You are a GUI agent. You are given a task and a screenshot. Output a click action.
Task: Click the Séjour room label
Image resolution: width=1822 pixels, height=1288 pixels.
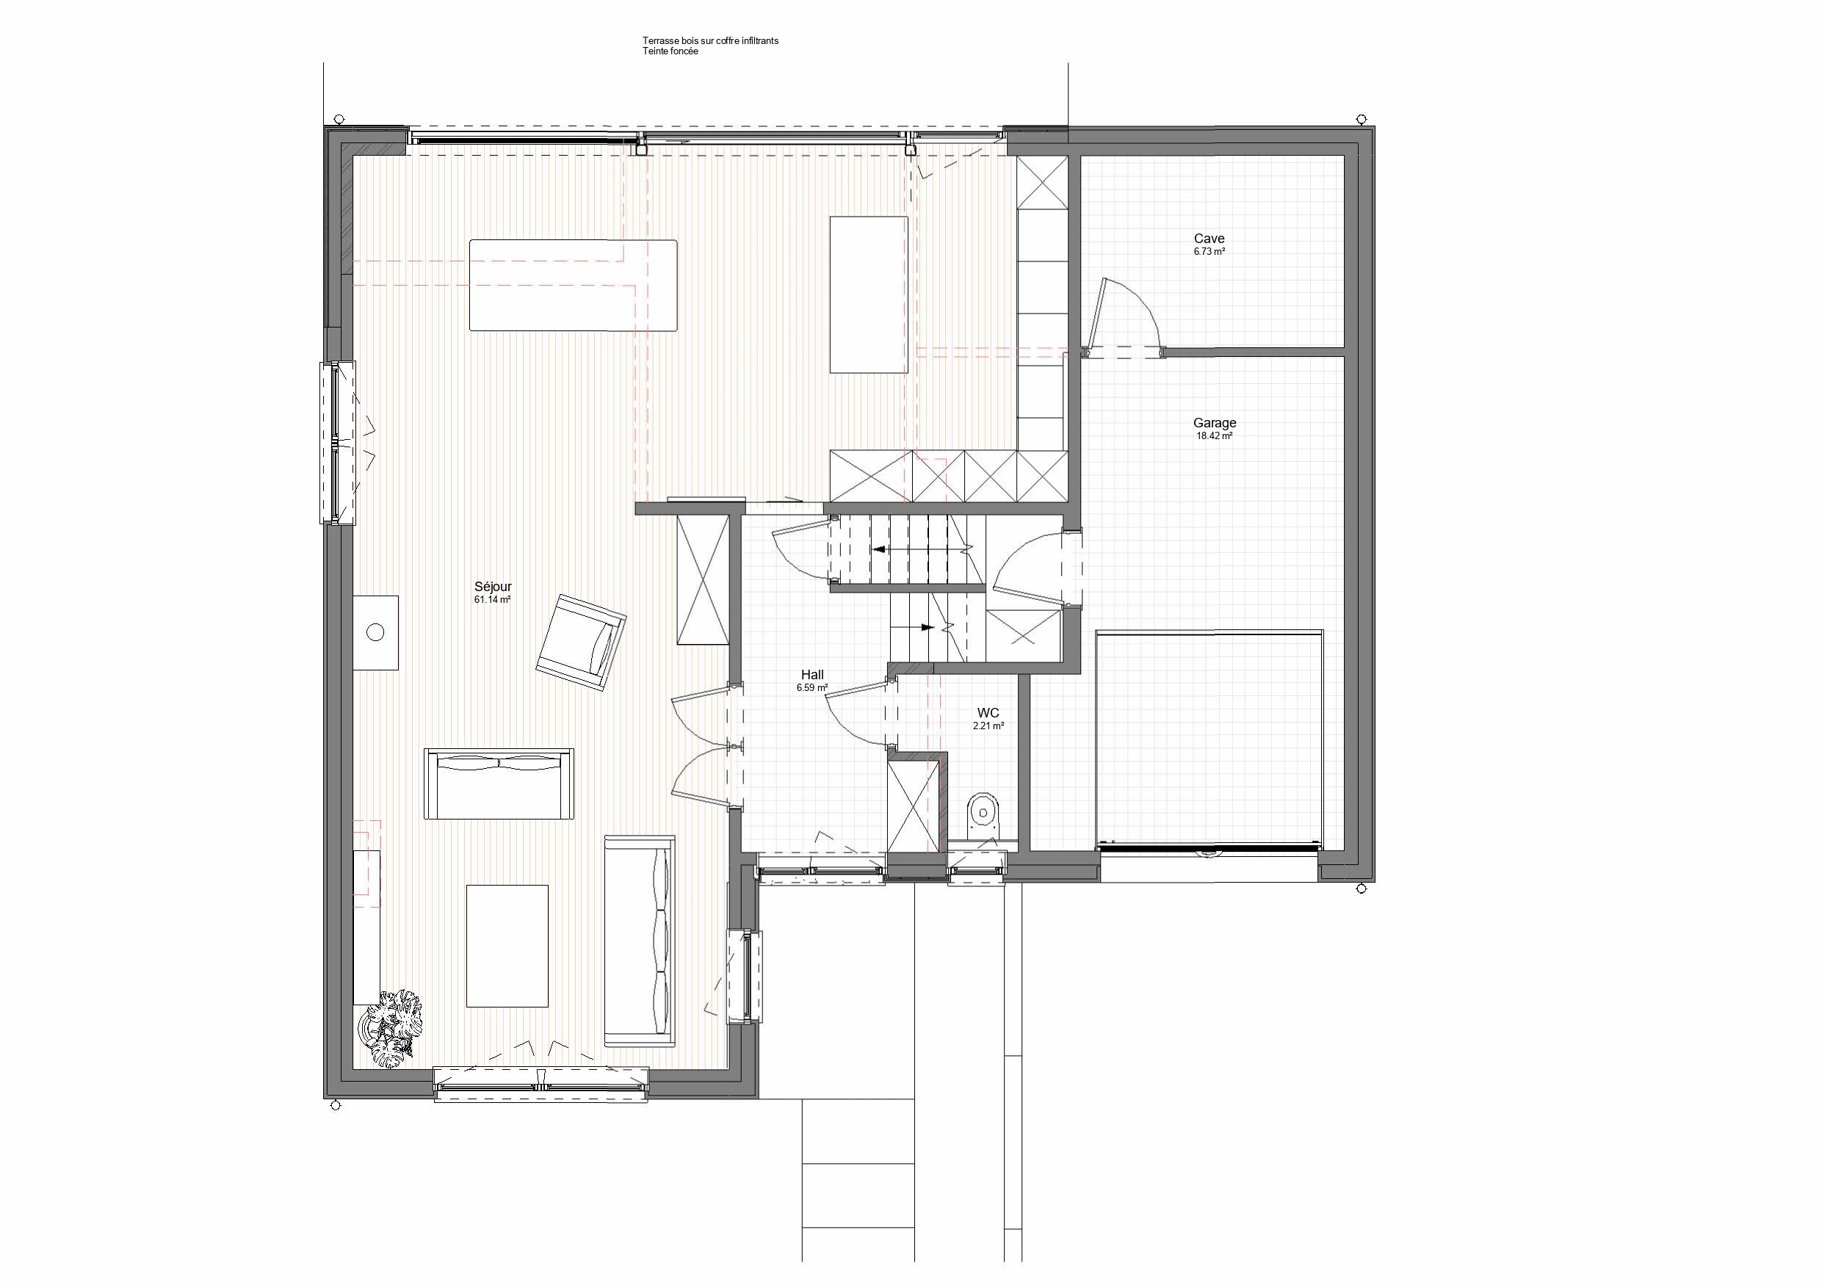pos(493,587)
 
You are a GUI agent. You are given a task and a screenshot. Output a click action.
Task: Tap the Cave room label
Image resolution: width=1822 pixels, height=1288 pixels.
pos(1210,238)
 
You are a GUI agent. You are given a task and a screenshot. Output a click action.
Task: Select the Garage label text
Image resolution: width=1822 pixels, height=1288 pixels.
pos(1214,423)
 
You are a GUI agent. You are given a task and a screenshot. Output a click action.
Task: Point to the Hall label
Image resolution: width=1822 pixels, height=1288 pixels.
pos(811,676)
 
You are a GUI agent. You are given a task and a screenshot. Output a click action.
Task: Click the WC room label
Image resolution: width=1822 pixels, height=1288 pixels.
pos(988,712)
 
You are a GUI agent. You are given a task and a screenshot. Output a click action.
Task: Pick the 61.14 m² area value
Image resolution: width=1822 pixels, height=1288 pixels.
pos(493,600)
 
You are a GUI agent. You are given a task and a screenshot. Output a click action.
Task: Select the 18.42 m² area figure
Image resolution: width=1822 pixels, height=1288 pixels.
pos(1214,435)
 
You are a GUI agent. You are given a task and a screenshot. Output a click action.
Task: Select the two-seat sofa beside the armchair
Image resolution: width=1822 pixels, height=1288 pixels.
pos(499,784)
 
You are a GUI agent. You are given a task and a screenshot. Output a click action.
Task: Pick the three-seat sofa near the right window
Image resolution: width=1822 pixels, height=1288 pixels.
pos(640,941)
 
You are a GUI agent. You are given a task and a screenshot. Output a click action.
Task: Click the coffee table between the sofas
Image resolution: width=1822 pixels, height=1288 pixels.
pos(507,946)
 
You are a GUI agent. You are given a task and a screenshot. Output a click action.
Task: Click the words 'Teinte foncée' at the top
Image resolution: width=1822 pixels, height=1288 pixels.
pos(670,51)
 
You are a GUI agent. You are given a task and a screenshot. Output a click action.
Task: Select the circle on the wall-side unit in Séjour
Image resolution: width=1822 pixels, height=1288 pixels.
pos(375,632)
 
